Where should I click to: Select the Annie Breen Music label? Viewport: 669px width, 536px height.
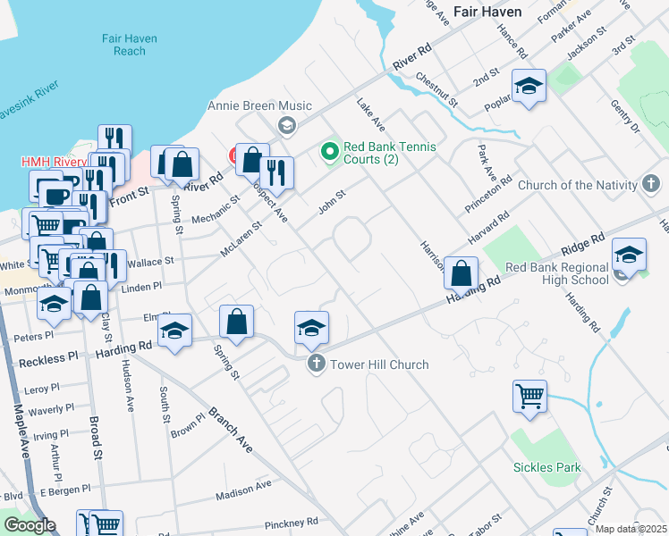pos(248,105)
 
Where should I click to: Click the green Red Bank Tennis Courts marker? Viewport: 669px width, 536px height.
pos(330,153)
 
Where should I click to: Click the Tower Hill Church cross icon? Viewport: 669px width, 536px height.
pos(315,364)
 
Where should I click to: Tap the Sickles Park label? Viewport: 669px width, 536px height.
pos(546,467)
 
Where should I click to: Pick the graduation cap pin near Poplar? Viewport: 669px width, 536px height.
pos(529,87)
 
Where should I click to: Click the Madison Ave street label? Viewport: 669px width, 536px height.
pos(243,488)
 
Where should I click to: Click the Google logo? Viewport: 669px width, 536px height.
pos(30,525)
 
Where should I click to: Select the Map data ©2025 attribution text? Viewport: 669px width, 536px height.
pos(631,530)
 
